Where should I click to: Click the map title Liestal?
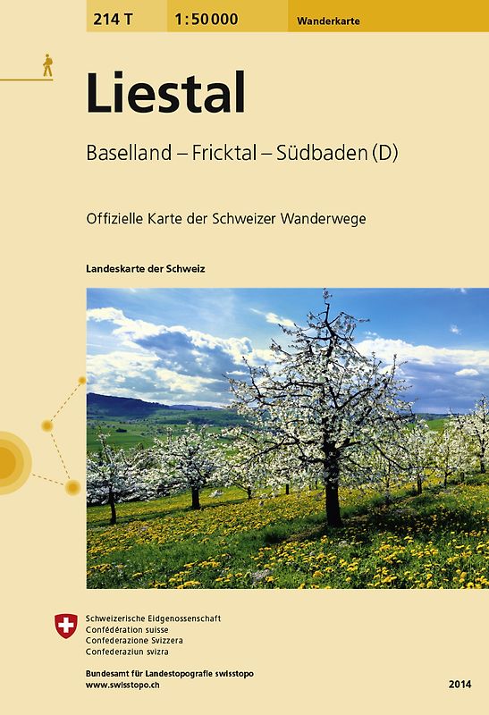165,94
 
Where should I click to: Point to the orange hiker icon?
46,64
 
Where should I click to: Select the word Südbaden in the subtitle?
319,153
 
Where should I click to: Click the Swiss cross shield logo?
66,625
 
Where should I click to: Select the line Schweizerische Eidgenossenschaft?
153,618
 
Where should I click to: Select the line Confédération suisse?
133,630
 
